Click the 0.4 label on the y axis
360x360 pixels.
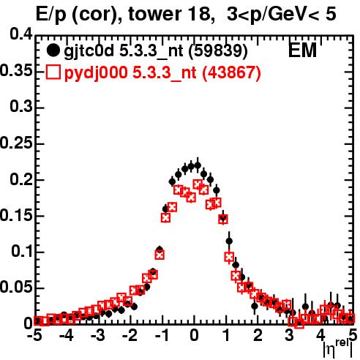[x=21, y=34]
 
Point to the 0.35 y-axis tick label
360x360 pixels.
[x=16, y=71]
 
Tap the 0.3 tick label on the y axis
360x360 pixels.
[x=21, y=107]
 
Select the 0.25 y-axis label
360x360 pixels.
[x=16, y=143]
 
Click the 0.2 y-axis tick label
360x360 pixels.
[x=21, y=179]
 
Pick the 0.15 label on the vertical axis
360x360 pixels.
[x=16, y=215]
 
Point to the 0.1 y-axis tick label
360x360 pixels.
[x=21, y=251]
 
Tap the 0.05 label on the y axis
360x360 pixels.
[x=16, y=288]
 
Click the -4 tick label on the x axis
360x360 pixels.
[x=66, y=335]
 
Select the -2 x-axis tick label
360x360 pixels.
[x=130, y=335]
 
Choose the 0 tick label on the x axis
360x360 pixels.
[x=194, y=335]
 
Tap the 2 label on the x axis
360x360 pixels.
[x=258, y=335]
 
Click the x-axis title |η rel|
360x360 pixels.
[x=338, y=349]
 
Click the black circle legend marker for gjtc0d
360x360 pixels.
[x=53, y=50]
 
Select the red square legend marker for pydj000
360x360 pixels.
[x=53, y=72]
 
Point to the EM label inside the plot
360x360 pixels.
[x=302, y=50]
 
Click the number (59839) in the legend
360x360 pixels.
[x=218, y=50]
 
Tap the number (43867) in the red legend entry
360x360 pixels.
[x=232, y=72]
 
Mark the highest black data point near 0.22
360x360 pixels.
[x=198, y=165]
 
